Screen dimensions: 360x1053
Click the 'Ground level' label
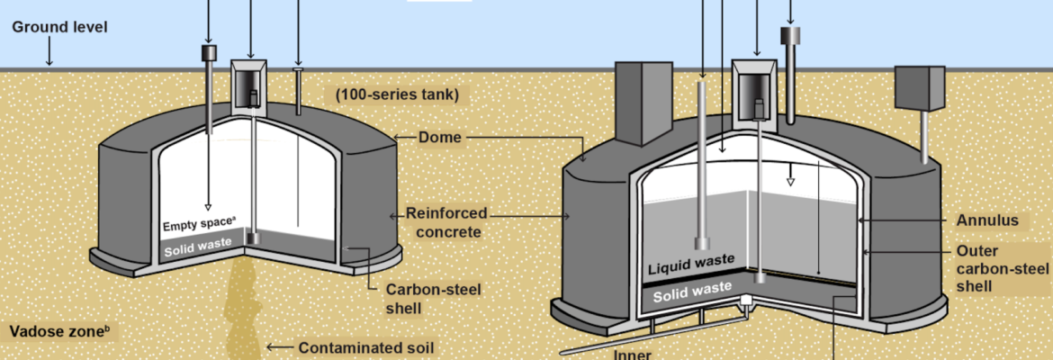point(59,27)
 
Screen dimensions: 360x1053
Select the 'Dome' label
point(440,138)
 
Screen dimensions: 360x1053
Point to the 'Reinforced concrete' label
point(446,222)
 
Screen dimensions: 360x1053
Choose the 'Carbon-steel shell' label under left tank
point(421,298)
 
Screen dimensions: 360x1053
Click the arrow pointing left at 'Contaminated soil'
point(279,347)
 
